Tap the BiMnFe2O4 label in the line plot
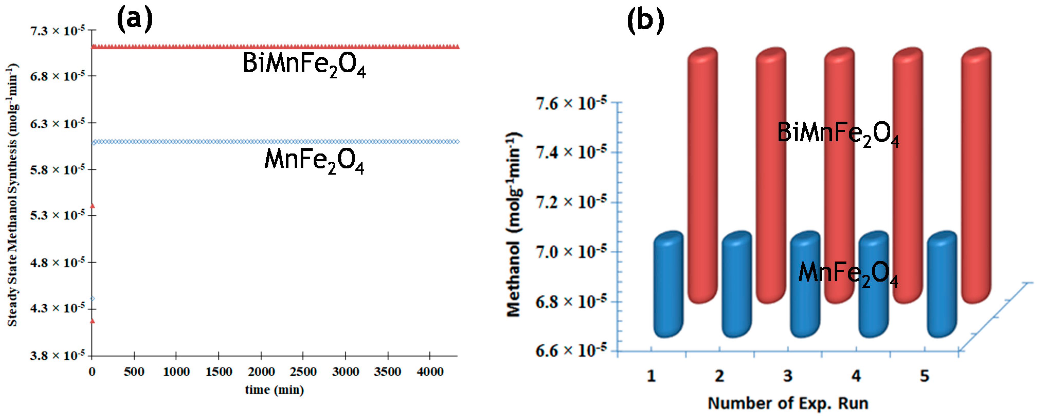(x=304, y=65)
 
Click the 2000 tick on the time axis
(x=261, y=371)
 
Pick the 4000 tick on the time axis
(x=430, y=371)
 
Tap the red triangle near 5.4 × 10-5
(x=92, y=206)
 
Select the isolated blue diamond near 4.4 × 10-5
(x=92, y=298)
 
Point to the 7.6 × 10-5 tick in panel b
(x=571, y=103)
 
